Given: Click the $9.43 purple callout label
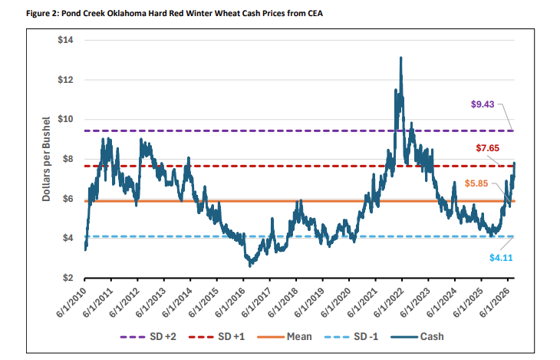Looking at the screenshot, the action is [x=483, y=104].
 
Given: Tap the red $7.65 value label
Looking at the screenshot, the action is [x=487, y=148].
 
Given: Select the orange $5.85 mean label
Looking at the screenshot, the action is [x=476, y=183].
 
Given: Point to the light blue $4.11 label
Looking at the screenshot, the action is [x=501, y=258].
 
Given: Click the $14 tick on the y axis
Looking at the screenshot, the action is [x=65, y=40].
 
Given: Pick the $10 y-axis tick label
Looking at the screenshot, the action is [x=65, y=119].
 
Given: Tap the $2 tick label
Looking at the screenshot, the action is [x=68, y=278].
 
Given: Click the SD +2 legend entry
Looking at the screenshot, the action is [x=148, y=337].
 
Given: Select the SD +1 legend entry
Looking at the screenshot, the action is [x=217, y=337].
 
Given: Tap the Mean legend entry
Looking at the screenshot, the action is [x=285, y=337].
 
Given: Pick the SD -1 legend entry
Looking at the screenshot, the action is [x=351, y=337].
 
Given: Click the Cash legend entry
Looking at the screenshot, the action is [x=417, y=337].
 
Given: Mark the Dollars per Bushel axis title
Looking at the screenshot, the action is [x=46, y=159].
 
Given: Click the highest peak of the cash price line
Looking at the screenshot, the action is [x=401, y=58].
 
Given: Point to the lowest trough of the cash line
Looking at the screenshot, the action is [x=250, y=266].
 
